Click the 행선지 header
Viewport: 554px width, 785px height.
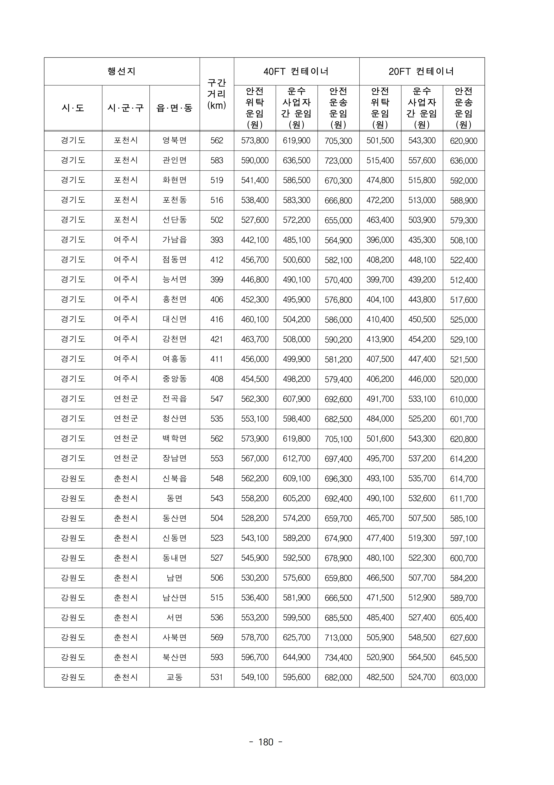coord(122,72)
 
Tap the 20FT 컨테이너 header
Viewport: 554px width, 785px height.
coord(421,72)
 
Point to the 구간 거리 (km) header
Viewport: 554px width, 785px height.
coord(217,94)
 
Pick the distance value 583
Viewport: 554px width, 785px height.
coord(217,160)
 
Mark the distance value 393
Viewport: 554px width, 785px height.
coord(217,240)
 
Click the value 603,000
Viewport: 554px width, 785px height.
coord(463,677)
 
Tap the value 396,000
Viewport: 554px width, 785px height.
coord(380,240)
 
